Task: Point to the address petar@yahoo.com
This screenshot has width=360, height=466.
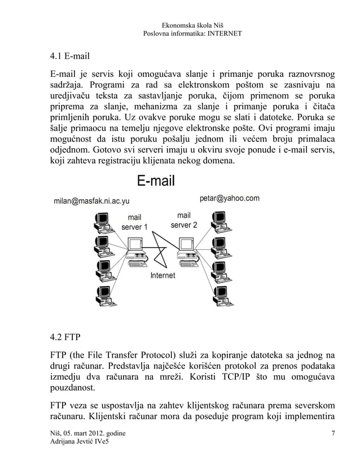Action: coord(230,198)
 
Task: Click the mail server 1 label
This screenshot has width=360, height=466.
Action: coord(134,222)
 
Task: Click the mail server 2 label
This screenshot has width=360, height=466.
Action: coord(184,219)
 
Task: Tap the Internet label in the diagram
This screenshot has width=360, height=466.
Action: coord(163,276)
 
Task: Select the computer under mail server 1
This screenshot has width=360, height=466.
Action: coord(136,252)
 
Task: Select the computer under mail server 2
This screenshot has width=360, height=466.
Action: coord(186,252)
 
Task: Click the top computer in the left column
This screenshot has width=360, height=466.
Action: coord(103,222)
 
